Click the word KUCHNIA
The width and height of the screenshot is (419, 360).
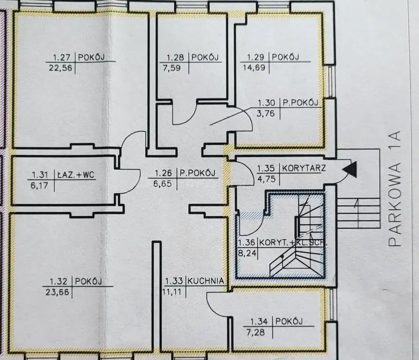click(207, 281)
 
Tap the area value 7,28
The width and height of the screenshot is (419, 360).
click(260, 331)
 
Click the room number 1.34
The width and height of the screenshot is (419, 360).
click(259, 322)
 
